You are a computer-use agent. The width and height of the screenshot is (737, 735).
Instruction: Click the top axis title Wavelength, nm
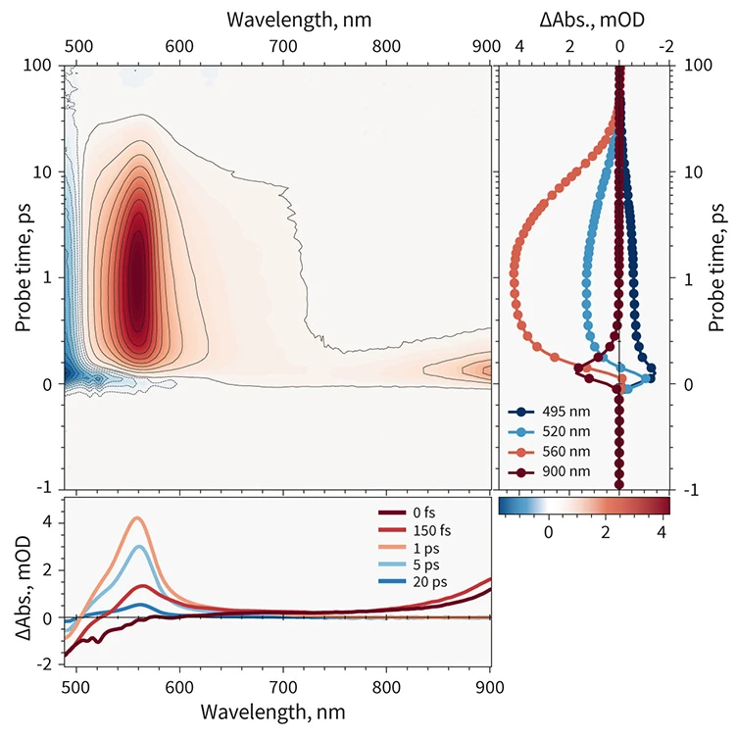[x=279, y=18]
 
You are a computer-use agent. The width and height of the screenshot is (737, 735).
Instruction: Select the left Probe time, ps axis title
[x=23, y=276]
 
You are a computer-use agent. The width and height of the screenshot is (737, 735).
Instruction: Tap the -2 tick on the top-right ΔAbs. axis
[x=667, y=45]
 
